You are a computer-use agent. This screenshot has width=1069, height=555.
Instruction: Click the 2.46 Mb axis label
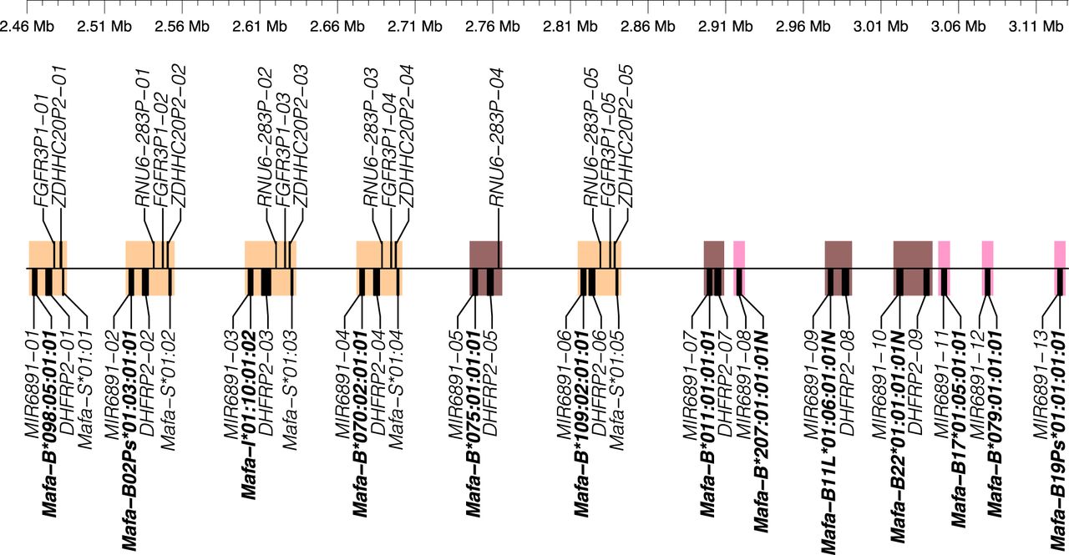28,26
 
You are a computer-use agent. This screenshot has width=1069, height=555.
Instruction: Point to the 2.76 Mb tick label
493,26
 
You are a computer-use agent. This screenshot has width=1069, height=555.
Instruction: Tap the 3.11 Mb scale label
1036,26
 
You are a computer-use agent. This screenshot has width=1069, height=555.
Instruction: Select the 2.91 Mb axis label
726,26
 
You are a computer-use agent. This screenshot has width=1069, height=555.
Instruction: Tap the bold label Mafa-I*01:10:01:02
249,415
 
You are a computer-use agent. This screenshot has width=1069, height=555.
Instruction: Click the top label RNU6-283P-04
497,138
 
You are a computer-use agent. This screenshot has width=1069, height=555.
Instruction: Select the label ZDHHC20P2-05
626,136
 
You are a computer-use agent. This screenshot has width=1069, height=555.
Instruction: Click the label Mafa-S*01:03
290,390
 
